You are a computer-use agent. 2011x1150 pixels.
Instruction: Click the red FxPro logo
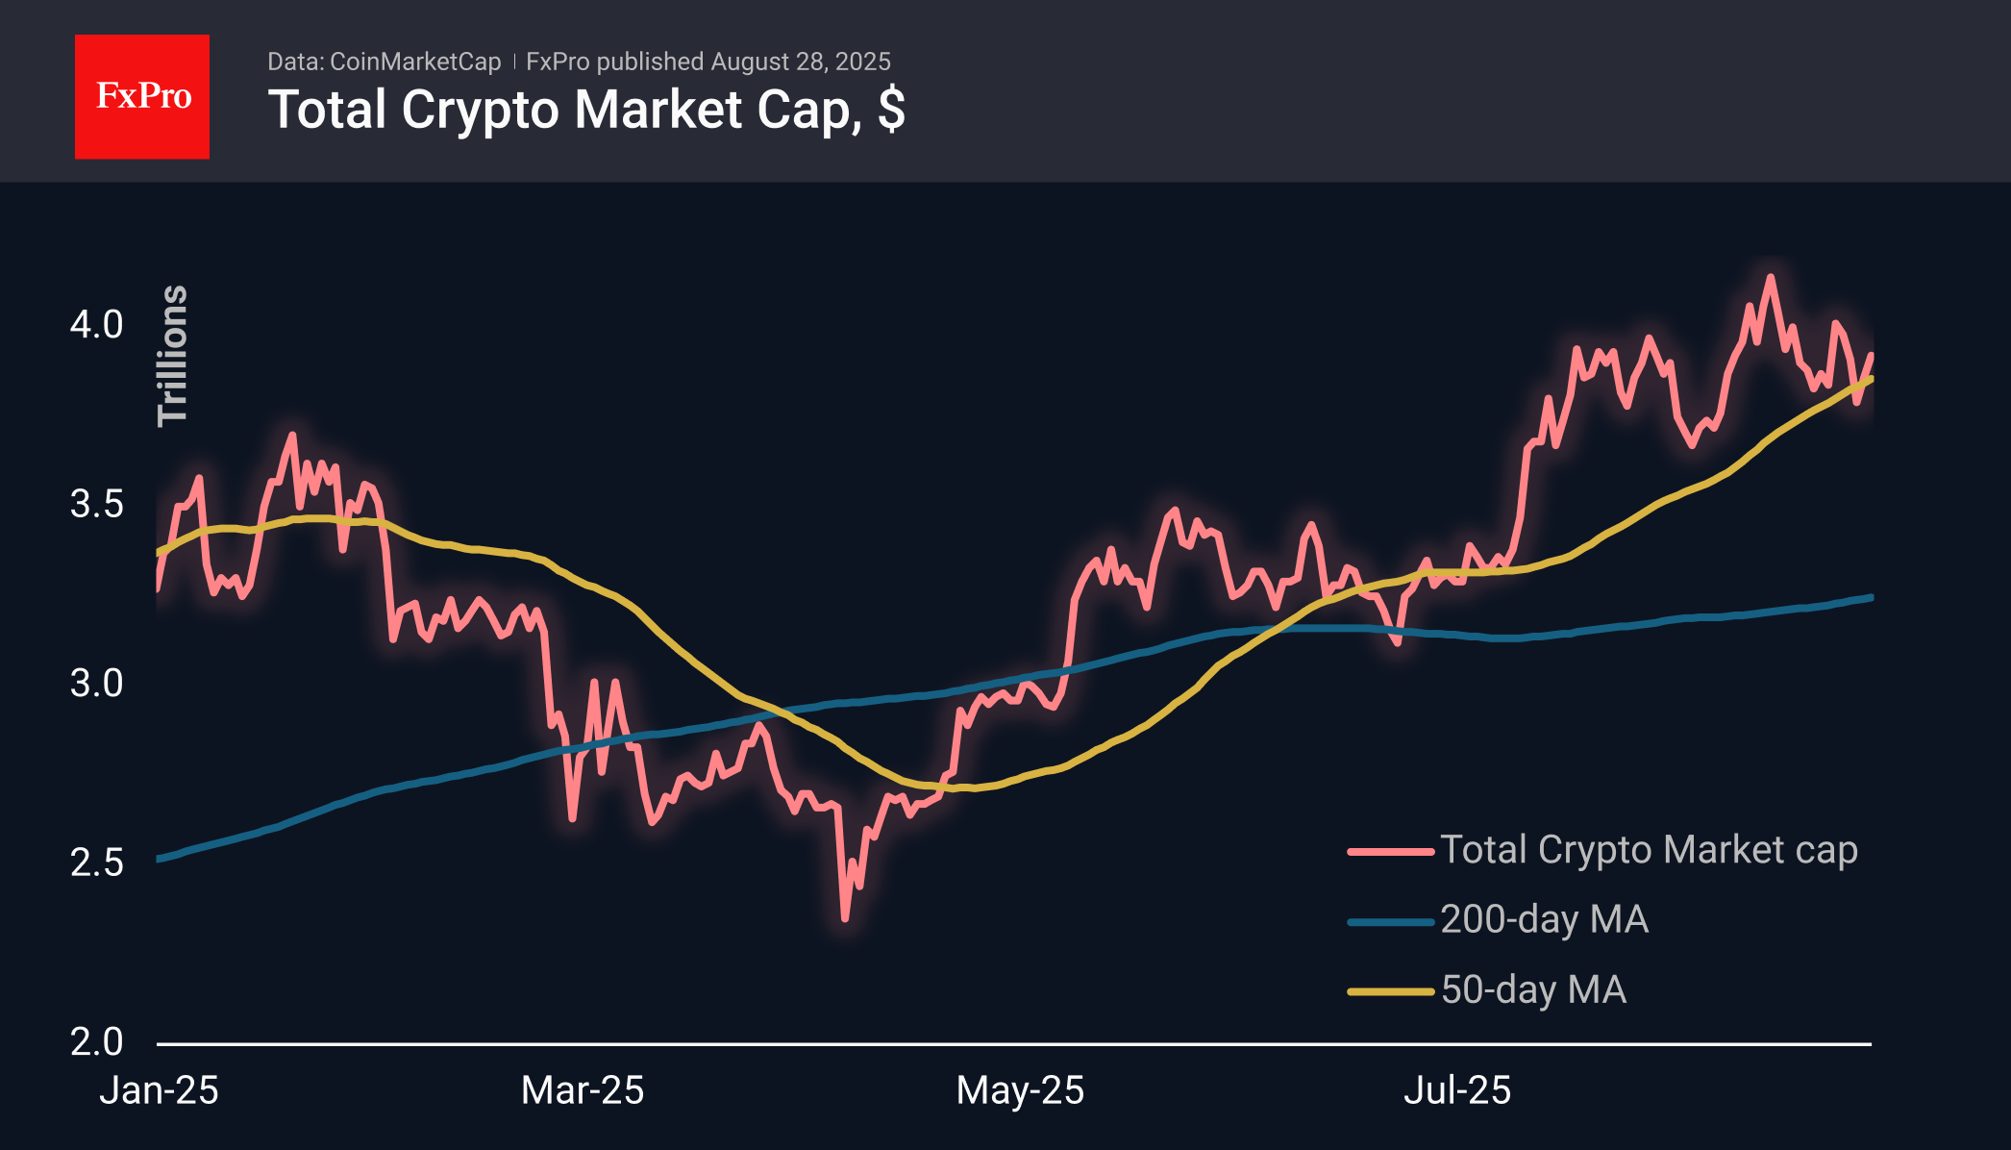(x=142, y=96)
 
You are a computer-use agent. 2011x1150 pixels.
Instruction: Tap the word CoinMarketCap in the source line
(x=414, y=62)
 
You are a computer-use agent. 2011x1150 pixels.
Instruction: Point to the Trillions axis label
(x=173, y=355)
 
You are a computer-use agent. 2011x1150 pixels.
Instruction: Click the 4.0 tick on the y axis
(x=96, y=325)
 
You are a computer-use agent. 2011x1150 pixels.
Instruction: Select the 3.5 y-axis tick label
(x=96, y=504)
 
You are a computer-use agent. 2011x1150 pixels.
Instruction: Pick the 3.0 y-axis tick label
(x=96, y=684)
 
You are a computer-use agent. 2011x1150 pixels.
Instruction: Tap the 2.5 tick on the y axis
(x=96, y=862)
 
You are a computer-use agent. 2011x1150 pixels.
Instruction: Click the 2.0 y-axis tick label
(x=96, y=1042)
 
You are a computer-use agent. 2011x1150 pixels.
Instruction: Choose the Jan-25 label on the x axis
(x=160, y=1090)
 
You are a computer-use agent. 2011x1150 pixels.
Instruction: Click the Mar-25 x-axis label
(x=583, y=1090)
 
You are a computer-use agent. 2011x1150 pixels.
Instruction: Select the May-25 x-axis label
(x=1020, y=1090)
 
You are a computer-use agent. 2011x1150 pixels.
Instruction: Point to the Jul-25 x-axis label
(x=1457, y=1090)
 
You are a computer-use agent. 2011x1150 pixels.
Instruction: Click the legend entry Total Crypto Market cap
(x=1648, y=850)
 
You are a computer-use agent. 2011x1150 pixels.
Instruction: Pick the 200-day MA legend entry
(x=1544, y=920)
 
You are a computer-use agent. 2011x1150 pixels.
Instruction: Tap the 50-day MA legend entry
(x=1533, y=990)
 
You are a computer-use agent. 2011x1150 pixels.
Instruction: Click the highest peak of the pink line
(x=1770, y=278)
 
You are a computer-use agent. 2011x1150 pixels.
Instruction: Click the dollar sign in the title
(x=891, y=110)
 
